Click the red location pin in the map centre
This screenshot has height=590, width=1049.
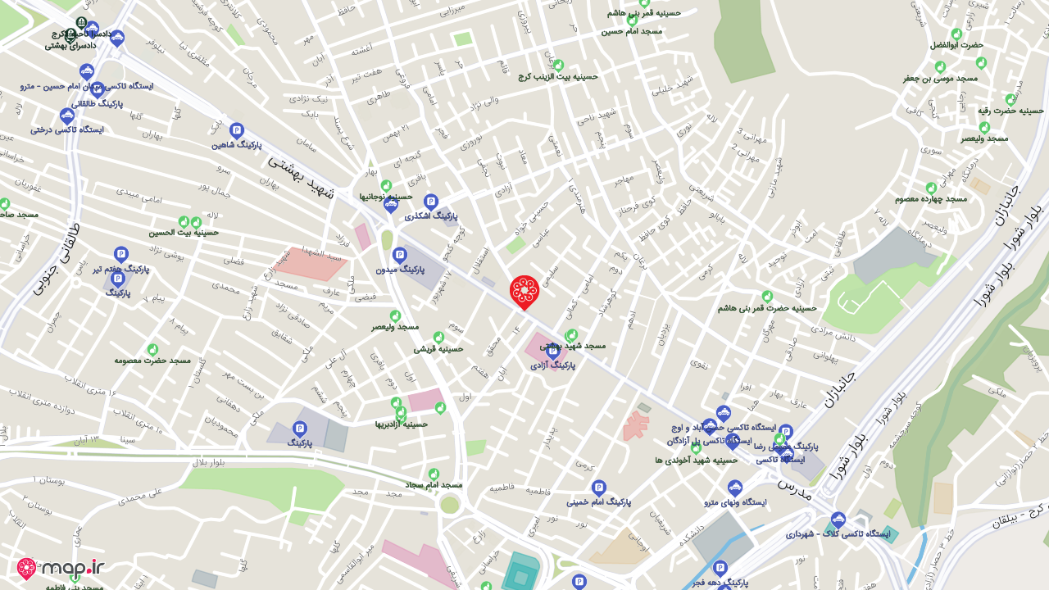pyautogui.click(x=524, y=291)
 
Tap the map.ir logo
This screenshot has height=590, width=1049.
pyautogui.click(x=61, y=568)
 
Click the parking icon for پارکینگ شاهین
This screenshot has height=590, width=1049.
pyautogui.click(x=237, y=130)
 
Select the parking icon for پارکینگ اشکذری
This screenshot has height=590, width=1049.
pyautogui.click(x=431, y=201)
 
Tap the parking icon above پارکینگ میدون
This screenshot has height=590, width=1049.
pyautogui.click(x=399, y=255)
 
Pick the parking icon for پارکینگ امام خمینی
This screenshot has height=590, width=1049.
pyautogui.click(x=598, y=487)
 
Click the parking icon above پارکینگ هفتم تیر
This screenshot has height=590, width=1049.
pyautogui.click(x=121, y=254)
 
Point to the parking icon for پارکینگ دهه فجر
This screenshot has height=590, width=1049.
pyautogui.click(x=720, y=567)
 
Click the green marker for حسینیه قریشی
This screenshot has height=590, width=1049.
pyautogui.click(x=438, y=337)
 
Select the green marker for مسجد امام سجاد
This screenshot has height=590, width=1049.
pyautogui.click(x=434, y=474)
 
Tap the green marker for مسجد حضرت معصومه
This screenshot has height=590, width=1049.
pyautogui.click(x=152, y=349)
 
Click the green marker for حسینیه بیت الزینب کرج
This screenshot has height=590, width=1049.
pyautogui.click(x=559, y=65)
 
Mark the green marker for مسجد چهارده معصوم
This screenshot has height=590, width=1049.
pyautogui.click(x=930, y=188)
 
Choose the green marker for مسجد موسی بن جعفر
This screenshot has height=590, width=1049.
pyautogui.click(x=940, y=66)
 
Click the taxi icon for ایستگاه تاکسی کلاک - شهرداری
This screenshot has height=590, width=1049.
pyautogui.click(x=838, y=520)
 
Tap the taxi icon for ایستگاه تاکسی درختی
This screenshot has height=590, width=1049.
pyautogui.click(x=67, y=116)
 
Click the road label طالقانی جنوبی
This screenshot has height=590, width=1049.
pyautogui.click(x=60, y=258)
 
